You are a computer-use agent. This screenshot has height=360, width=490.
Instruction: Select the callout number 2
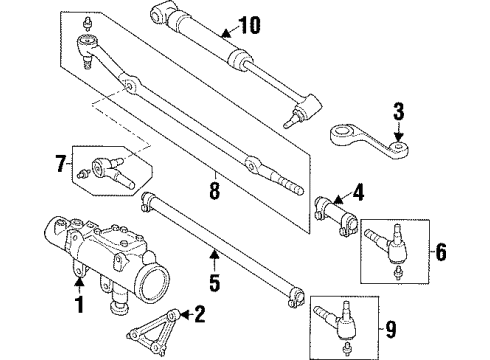[200, 318]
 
